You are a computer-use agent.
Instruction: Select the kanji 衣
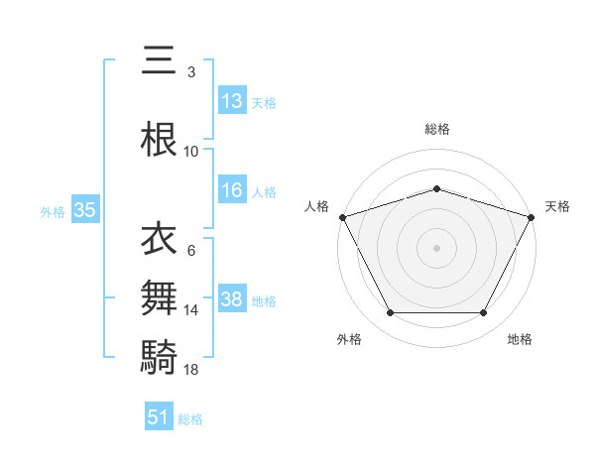pyautogui.click(x=160, y=240)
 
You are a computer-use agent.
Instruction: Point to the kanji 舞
pyautogui.click(x=160, y=297)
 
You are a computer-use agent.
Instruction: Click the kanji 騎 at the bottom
pyautogui.click(x=160, y=355)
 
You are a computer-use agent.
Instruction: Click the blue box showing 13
pyautogui.click(x=231, y=101)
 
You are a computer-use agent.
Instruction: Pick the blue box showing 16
pyautogui.click(x=231, y=191)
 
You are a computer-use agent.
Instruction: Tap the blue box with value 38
pyautogui.click(x=231, y=300)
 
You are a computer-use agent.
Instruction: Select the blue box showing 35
pyautogui.click(x=84, y=210)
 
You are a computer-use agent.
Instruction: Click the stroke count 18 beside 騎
pyautogui.click(x=192, y=370)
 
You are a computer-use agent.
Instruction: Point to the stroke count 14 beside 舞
pyautogui.click(x=192, y=310)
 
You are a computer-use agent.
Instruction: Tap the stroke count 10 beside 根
pyautogui.click(x=191, y=152)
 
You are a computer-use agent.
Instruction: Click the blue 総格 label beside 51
pyautogui.click(x=190, y=419)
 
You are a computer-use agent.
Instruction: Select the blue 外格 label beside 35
pyautogui.click(x=53, y=211)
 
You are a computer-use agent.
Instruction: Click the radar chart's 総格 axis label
pyautogui.click(x=436, y=129)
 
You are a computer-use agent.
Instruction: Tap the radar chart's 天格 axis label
pyautogui.click(x=558, y=206)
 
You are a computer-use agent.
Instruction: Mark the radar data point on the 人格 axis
pyautogui.click(x=342, y=217)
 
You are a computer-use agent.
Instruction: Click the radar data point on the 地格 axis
pyautogui.click(x=483, y=313)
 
